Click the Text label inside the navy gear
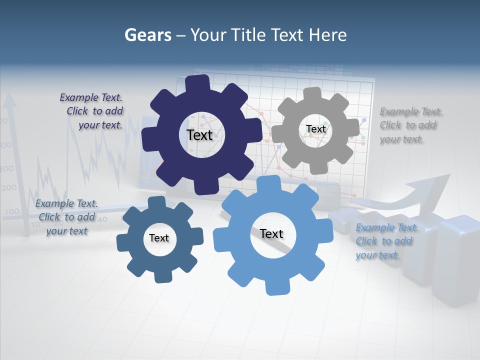tap(199, 135)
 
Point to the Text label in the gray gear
tap(315, 129)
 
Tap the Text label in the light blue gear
tap(271, 233)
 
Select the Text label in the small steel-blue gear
tap(159, 238)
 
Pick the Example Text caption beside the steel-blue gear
tap(67, 217)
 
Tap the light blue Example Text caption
tap(386, 241)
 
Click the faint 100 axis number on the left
tap(11, 212)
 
